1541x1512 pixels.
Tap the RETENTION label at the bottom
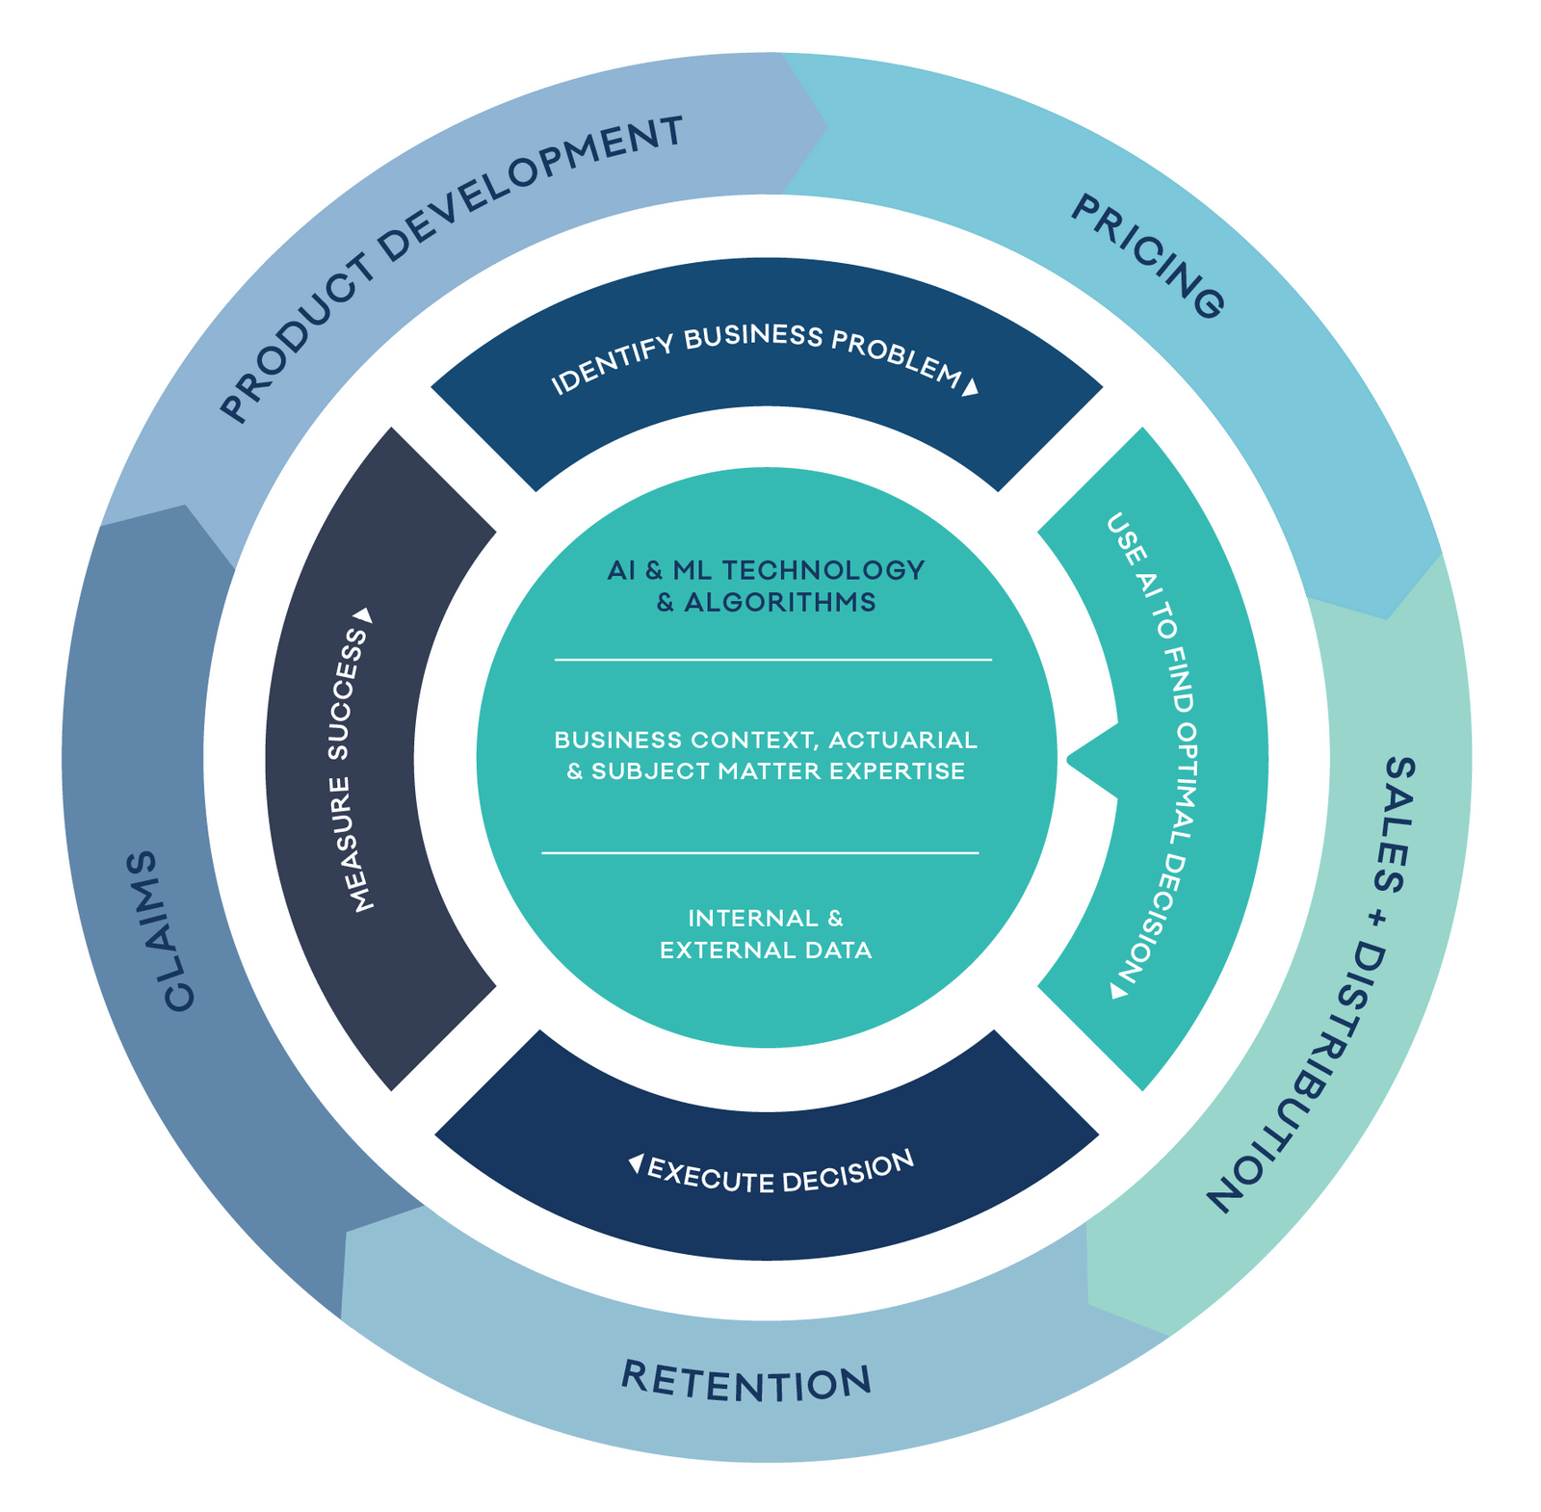click(x=746, y=1382)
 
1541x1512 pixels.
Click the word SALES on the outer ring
click(x=1396, y=824)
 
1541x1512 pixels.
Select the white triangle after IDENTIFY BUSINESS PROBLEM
click(x=971, y=386)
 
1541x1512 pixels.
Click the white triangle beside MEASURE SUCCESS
click(x=363, y=614)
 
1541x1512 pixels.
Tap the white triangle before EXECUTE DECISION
click(x=636, y=1163)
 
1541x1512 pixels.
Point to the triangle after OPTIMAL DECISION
click(x=1118, y=990)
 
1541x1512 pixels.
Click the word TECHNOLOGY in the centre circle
click(x=823, y=570)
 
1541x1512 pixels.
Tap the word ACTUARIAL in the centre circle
click(x=902, y=740)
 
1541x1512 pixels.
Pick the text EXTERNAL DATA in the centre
click(x=766, y=951)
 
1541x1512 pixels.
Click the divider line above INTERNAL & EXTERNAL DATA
click(x=760, y=852)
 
